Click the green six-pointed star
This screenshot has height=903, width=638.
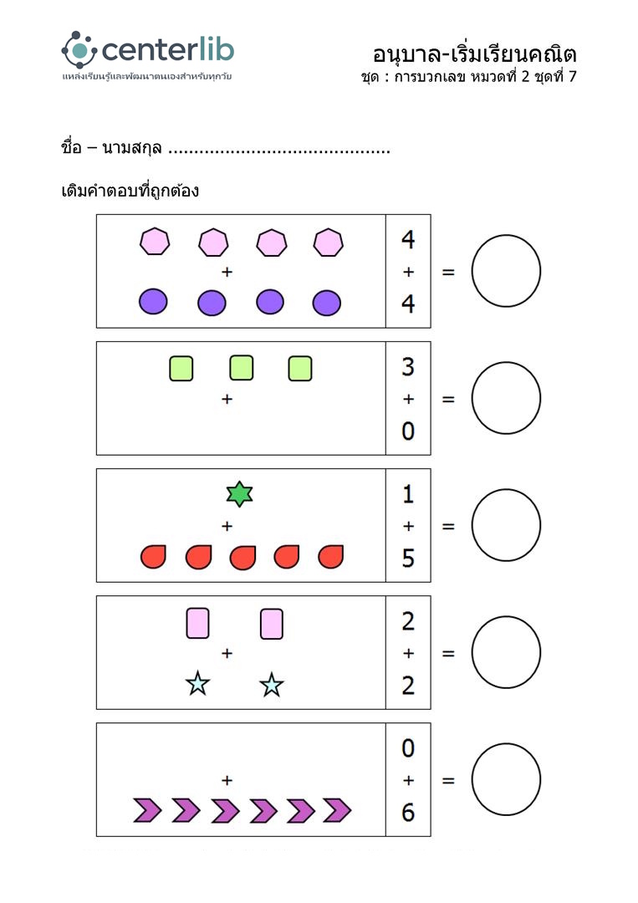[239, 494]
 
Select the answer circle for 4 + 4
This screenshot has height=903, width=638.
[506, 271]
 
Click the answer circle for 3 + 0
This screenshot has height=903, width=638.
[506, 398]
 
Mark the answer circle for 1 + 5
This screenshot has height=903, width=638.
[506, 525]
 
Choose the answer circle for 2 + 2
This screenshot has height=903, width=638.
[506, 652]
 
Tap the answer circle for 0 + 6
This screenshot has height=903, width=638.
[506, 779]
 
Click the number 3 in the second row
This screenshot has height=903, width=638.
[408, 367]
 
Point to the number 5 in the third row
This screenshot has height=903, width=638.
[408, 558]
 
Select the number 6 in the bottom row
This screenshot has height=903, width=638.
[408, 812]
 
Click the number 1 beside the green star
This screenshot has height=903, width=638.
[408, 494]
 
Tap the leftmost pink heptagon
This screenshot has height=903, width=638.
[155, 242]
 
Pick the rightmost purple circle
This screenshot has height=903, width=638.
[327, 303]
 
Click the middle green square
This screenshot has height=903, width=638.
[241, 368]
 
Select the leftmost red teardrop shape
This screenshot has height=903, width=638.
[153, 556]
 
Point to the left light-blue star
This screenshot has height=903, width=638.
[197, 684]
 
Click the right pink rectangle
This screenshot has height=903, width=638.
[271, 624]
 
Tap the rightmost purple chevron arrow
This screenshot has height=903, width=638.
[336, 810]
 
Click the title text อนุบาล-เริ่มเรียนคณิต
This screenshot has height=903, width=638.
[475, 54]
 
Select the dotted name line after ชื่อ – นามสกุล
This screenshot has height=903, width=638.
[279, 151]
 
